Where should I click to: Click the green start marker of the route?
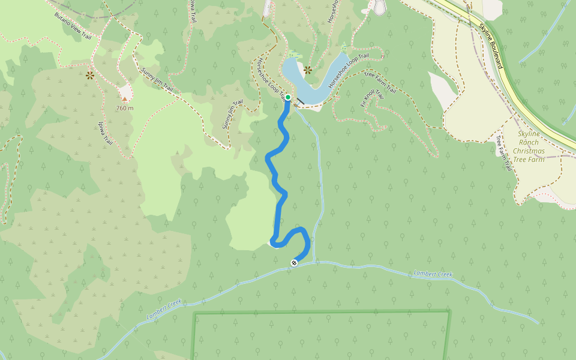(x=288, y=97)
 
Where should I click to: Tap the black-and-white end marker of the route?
(x=294, y=262)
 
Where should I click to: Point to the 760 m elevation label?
(x=125, y=108)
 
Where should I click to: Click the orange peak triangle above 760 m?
(x=125, y=99)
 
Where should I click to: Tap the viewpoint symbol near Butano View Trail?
(x=90, y=75)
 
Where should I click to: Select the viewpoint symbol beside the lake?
(x=308, y=70)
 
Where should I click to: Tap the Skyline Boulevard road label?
(x=490, y=45)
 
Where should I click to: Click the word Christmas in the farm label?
(x=529, y=151)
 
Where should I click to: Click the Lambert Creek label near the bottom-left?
(x=163, y=310)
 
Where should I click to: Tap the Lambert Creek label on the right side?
(x=433, y=274)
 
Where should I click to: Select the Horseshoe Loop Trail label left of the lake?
(x=270, y=79)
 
